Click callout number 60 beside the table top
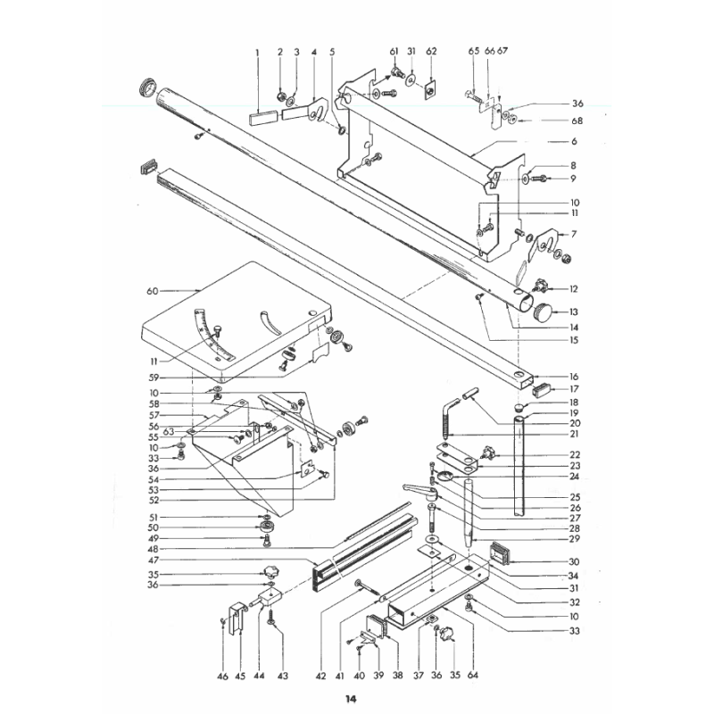tap(152, 291)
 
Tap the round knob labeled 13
tap(544, 311)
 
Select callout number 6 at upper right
tap(574, 143)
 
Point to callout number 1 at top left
tap(256, 53)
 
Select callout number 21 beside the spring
tap(574, 434)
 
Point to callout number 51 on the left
tap(153, 518)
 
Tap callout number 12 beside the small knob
tap(574, 288)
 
